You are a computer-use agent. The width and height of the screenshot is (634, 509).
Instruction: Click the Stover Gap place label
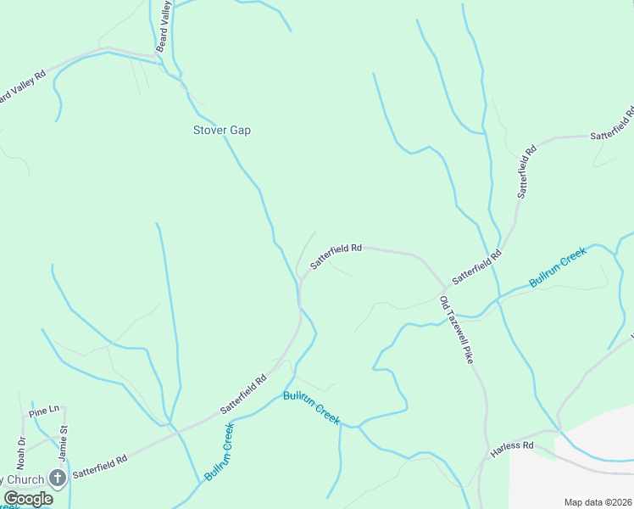coord(222,131)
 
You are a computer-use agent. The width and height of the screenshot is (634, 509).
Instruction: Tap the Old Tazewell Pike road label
coord(455,330)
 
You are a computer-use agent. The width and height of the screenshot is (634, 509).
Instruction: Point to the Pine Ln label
coord(43,411)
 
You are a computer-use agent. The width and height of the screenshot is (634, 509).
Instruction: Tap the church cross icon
coord(57,478)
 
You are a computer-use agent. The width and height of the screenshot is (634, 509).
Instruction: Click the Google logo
coord(28,499)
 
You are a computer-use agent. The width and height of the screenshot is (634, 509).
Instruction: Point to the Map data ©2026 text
coord(598,502)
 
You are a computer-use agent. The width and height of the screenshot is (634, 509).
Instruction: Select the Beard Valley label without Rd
coord(163,25)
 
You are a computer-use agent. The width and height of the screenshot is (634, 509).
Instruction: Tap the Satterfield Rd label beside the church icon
coord(99,465)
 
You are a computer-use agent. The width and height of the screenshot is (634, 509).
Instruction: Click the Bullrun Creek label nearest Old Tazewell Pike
coord(558,267)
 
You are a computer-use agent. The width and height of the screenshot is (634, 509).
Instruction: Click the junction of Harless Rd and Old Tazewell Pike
coord(486,458)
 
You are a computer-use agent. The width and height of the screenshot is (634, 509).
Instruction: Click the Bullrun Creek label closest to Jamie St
coord(218,452)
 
